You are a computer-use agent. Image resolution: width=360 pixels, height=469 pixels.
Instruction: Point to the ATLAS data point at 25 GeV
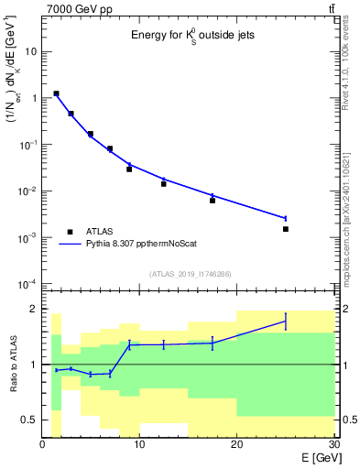point(286,229)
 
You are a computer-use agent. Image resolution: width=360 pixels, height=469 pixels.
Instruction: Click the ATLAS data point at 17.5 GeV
point(213,200)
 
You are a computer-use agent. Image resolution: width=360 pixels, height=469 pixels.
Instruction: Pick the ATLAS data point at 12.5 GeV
point(164,184)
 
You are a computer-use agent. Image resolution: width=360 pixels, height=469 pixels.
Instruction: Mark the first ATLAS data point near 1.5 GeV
point(57,93)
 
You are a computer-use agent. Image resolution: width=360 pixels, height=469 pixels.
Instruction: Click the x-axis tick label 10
point(139,445)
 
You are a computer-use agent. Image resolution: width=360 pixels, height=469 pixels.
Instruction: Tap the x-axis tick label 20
point(236,445)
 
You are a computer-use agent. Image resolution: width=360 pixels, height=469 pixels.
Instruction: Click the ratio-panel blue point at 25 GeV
point(286,321)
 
